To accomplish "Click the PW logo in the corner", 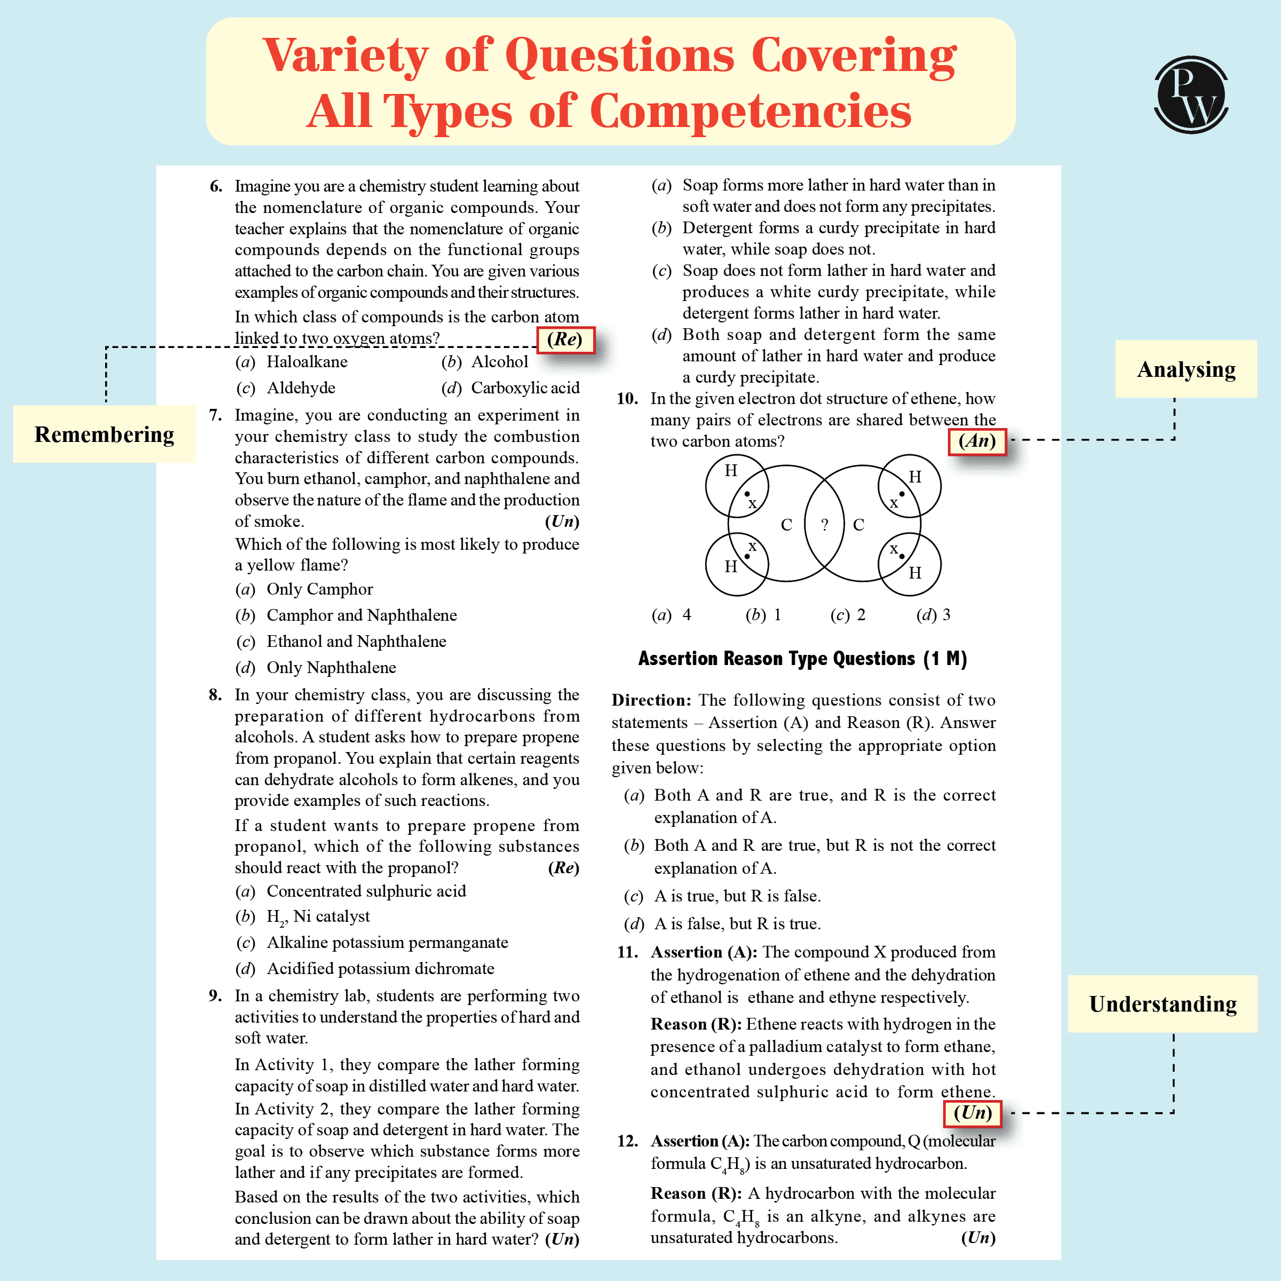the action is coord(1191,95).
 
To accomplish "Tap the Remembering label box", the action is coord(104,434).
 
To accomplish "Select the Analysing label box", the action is coord(1185,369).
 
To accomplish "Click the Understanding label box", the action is coord(1163,1004).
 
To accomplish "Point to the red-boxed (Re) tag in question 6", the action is coord(565,339).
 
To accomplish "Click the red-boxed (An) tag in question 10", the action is coord(977,441).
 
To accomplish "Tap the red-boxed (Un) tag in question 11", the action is coord(972,1112).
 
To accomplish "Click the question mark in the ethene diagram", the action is coord(824,525).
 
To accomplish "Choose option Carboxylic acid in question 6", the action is coord(525,388).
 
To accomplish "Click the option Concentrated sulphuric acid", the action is coord(366,891).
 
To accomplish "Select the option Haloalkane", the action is coord(306,362).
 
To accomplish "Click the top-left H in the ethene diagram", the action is coord(731,471).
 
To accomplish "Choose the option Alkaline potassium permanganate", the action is coord(387,943).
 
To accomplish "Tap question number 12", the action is coord(627,1141).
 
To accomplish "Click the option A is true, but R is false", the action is coord(737,897).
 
